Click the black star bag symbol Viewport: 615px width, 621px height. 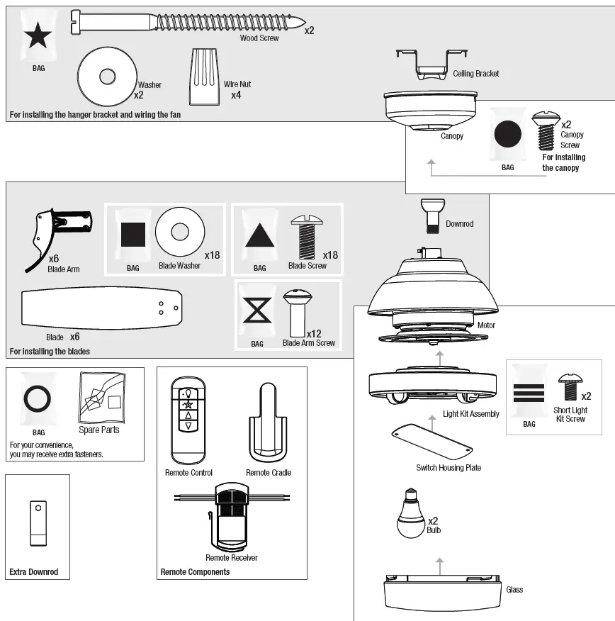pos(38,35)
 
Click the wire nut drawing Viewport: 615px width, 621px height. pos(202,76)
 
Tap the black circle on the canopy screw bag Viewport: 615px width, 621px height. pos(507,134)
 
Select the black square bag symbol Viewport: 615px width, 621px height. pos(132,234)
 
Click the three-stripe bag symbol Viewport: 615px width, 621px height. pos(529,393)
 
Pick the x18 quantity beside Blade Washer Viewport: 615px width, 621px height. pos(212,254)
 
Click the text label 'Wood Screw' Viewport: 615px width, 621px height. pos(259,38)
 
